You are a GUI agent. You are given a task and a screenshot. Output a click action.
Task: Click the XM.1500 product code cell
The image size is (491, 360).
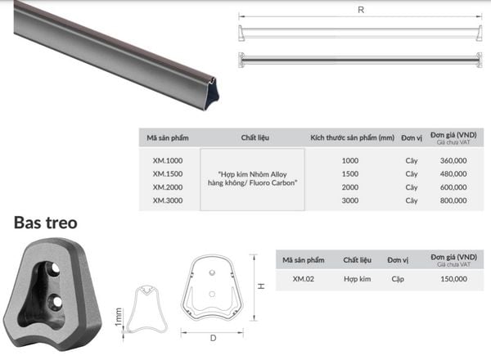(168, 173)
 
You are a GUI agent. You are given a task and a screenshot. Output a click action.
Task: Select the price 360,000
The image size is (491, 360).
(453, 160)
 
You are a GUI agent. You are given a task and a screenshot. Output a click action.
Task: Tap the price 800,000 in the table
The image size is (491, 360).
(453, 200)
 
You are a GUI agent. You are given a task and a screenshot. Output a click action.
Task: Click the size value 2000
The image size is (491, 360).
(350, 187)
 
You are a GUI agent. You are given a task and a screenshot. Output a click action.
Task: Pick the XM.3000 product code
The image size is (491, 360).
(168, 200)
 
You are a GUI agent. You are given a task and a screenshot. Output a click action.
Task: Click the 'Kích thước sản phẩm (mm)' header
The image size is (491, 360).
(352, 137)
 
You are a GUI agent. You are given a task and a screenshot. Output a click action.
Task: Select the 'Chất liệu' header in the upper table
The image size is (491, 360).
(255, 137)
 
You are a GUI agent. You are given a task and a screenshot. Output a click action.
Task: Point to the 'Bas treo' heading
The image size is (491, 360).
(46, 223)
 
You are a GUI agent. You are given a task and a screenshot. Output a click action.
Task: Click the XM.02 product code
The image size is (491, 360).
(303, 279)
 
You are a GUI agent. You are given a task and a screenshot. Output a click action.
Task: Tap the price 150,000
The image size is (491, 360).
(453, 279)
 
